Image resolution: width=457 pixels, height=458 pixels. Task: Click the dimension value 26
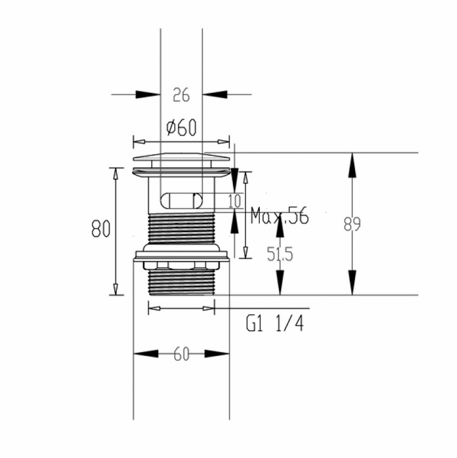click(181, 95)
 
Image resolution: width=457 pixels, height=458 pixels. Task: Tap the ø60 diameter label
click(181, 127)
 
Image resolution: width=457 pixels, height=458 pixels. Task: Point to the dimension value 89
click(352, 224)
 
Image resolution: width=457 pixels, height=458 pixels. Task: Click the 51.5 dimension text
click(280, 254)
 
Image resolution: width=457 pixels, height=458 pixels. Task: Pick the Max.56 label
click(280, 215)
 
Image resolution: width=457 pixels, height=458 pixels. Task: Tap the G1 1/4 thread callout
click(275, 324)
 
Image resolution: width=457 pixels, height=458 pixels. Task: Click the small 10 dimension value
click(235, 201)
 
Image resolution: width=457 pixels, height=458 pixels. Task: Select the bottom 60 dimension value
click(181, 361)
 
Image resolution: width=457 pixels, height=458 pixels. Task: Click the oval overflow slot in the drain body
click(181, 201)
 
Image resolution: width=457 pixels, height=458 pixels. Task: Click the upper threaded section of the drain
click(181, 228)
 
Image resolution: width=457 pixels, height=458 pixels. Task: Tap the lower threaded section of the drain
click(181, 282)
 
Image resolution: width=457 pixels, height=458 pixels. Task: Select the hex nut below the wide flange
click(181, 266)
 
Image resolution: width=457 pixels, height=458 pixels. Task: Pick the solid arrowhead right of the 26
click(215, 94)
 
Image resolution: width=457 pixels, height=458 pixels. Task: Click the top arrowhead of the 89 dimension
click(352, 165)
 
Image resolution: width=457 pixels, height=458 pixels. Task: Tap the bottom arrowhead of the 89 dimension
click(352, 283)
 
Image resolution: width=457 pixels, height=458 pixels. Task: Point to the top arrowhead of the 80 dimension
click(116, 174)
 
